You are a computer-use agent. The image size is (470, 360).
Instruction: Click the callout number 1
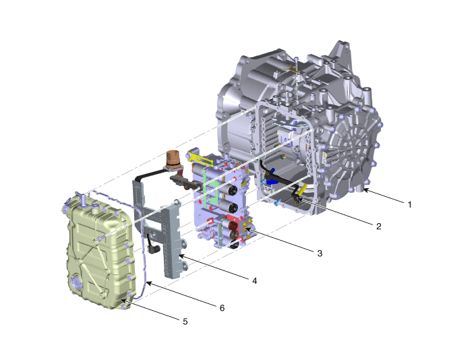(410, 205)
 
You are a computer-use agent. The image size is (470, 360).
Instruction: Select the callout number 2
(379, 227)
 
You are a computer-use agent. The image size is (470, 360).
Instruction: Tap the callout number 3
(320, 253)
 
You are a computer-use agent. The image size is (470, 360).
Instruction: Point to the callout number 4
(254, 281)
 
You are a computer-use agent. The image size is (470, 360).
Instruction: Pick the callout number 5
(185, 322)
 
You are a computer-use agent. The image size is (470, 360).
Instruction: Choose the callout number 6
(222, 308)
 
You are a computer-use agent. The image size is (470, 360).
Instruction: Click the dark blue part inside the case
(271, 178)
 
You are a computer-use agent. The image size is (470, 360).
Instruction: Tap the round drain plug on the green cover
(76, 282)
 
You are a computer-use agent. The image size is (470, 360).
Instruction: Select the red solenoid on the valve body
(233, 225)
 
